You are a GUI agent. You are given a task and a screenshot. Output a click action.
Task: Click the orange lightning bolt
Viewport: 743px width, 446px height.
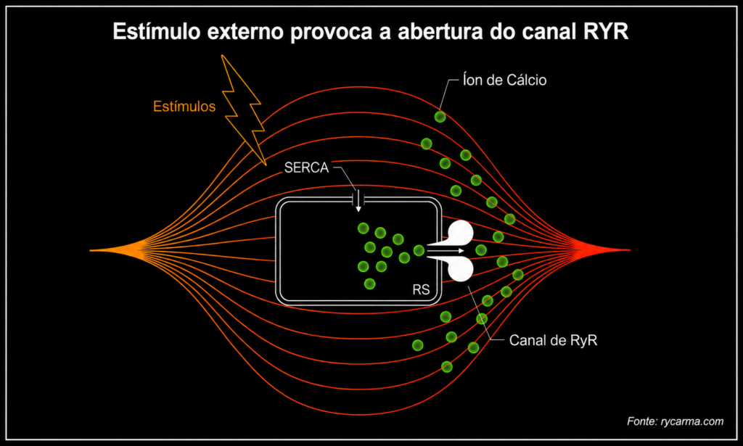coord(242,110)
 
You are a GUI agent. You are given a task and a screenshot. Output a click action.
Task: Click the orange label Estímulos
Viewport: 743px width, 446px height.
coord(184,107)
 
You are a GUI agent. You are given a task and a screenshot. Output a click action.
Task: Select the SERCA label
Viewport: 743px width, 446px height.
coord(306,168)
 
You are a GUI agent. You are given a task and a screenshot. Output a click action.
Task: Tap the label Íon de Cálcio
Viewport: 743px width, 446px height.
coord(505,80)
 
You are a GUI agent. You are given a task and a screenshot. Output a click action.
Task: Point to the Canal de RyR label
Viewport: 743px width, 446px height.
coord(553,340)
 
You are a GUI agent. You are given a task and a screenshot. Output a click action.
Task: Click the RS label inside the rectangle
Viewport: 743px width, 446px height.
coord(421,289)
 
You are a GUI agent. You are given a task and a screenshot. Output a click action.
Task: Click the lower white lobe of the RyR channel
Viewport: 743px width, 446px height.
coord(459,268)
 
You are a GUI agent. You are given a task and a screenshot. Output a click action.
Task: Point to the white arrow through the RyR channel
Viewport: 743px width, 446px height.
coord(446,250)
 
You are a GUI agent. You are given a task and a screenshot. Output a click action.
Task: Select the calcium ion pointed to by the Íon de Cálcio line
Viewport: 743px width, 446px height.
coord(440,117)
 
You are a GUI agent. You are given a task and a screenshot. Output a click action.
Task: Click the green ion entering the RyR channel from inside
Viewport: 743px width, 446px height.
coord(419,250)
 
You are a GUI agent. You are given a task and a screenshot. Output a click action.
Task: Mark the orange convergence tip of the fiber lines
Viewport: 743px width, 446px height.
coord(91,250)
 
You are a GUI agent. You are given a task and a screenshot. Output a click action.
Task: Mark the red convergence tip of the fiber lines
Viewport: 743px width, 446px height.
coord(629,250)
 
